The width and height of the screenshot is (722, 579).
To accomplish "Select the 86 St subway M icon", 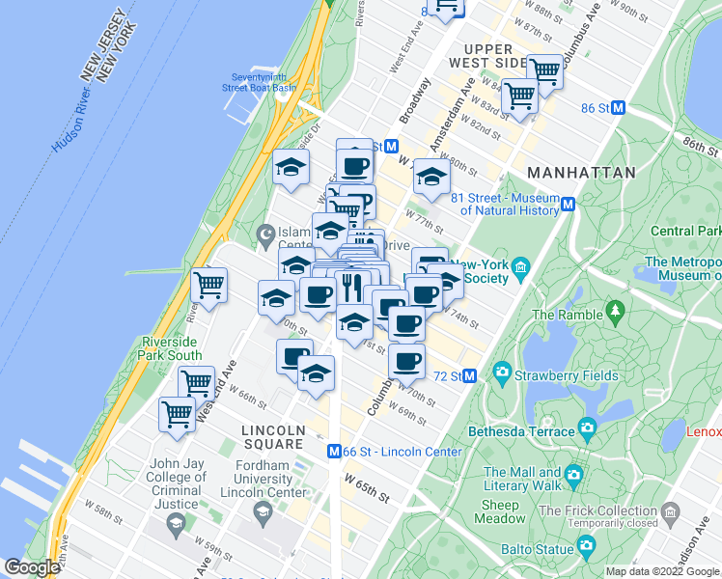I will click(x=619, y=108).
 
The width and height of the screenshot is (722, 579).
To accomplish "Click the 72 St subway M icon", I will click(x=470, y=375).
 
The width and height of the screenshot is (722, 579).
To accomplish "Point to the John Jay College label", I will click(x=177, y=477).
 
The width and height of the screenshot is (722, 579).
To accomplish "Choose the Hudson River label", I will click(x=71, y=126).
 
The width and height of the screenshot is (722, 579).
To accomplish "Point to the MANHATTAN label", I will click(x=581, y=173).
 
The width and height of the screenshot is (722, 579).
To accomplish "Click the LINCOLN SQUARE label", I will click(x=272, y=437).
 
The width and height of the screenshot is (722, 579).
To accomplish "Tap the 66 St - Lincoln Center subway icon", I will click(x=334, y=451).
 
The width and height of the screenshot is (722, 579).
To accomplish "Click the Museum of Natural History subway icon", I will click(x=569, y=204).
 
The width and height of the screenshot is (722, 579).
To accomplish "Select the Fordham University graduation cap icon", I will click(x=261, y=510).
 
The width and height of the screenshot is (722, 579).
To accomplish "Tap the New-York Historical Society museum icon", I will click(x=521, y=266).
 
